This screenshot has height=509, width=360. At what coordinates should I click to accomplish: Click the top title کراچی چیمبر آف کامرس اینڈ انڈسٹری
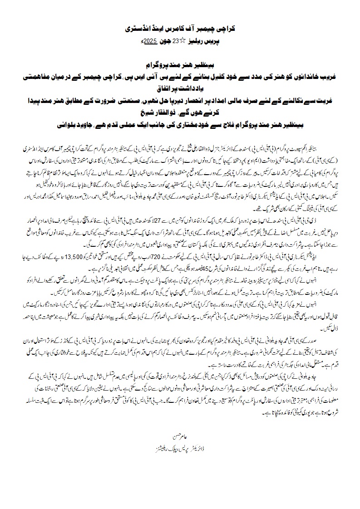180,28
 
